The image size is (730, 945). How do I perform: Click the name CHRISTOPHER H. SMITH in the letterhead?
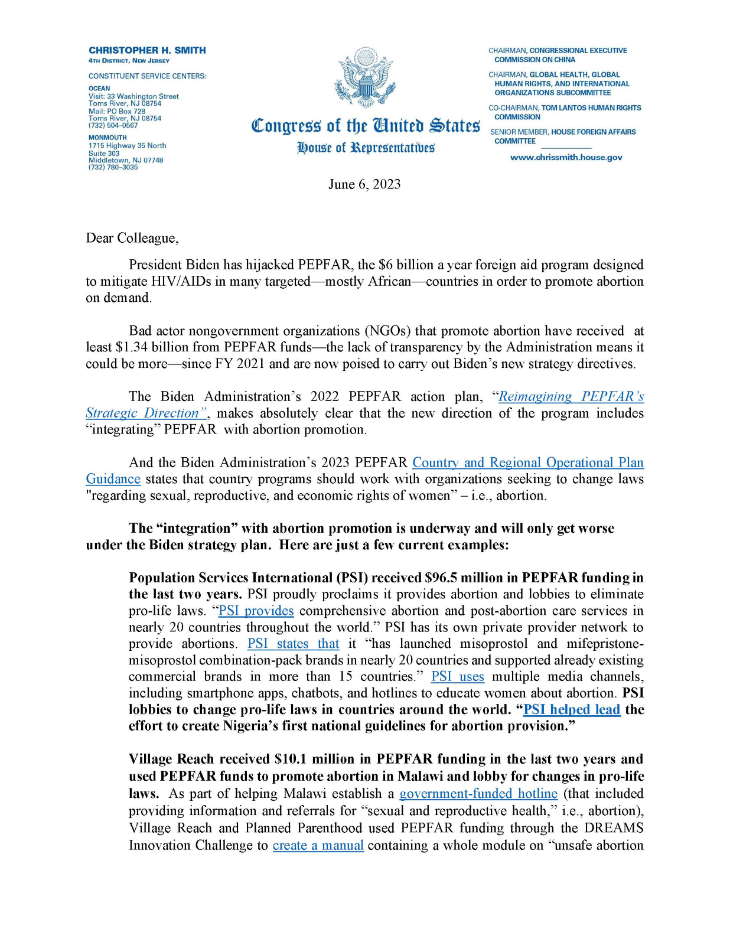(147, 50)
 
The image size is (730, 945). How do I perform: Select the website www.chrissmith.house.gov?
(566, 158)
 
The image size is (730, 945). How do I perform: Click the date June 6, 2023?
(364, 184)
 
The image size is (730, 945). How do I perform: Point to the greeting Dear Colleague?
(132, 238)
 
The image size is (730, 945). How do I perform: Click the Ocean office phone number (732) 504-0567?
(113, 125)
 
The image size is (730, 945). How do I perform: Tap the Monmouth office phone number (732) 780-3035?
(113, 167)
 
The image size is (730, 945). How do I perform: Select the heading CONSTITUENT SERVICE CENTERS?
(147, 76)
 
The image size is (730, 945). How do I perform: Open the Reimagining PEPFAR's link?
(571, 396)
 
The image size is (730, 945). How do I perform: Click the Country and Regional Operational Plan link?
(528, 462)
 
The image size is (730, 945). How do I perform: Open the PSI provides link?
(256, 611)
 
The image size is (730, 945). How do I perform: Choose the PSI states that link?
(293, 644)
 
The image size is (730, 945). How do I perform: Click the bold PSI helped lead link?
(572, 709)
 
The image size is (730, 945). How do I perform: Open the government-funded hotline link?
(478, 794)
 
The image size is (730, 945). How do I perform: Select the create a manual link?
(318, 846)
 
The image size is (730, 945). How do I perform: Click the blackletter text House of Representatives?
(366, 148)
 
